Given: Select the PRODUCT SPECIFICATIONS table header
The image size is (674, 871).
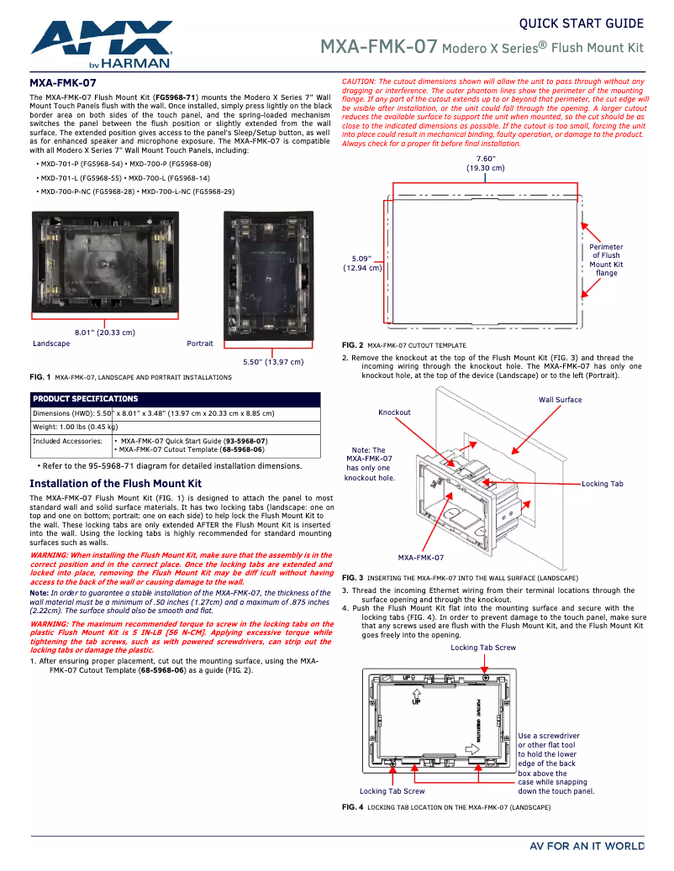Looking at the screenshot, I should (x=85, y=399).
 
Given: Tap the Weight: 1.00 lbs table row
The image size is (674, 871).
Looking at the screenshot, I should (x=75, y=427).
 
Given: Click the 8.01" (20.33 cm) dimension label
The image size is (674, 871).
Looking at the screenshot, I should (x=104, y=333).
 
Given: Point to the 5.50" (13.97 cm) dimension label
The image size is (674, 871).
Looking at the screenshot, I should (x=273, y=362).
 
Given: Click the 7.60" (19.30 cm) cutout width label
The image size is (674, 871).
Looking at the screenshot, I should (x=485, y=163).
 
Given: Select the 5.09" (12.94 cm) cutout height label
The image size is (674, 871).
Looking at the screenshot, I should (x=362, y=263).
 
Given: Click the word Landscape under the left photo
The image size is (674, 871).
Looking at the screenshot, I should (x=51, y=344).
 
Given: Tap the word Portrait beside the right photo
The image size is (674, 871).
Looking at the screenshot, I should (x=200, y=344).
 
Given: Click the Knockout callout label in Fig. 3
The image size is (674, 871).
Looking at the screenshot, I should (x=394, y=412).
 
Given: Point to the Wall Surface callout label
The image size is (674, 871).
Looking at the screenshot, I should (x=560, y=400).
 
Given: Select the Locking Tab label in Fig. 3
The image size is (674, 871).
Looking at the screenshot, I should (x=602, y=484).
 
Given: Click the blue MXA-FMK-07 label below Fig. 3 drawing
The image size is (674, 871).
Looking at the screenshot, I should (x=420, y=558).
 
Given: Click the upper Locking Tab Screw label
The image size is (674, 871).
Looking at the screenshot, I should (x=483, y=648).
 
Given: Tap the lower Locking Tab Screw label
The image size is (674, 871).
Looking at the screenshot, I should (x=392, y=791).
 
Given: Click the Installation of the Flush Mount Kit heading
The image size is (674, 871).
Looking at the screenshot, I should (x=115, y=484).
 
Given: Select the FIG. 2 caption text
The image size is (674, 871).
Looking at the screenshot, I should (x=403, y=345).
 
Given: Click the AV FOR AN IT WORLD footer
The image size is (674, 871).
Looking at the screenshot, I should (x=587, y=846).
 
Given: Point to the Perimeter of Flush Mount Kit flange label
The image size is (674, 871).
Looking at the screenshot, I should (x=606, y=260).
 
